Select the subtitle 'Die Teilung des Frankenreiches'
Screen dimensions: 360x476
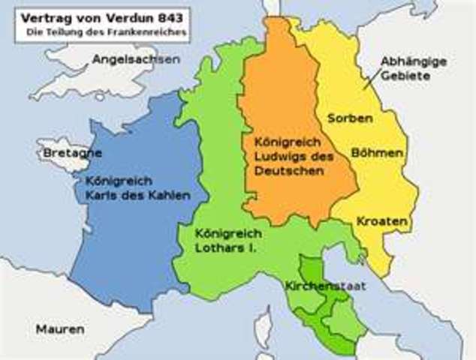click(x=101, y=32)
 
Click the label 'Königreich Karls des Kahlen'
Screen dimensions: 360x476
click(x=136, y=188)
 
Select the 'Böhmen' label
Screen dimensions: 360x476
click(x=377, y=152)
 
